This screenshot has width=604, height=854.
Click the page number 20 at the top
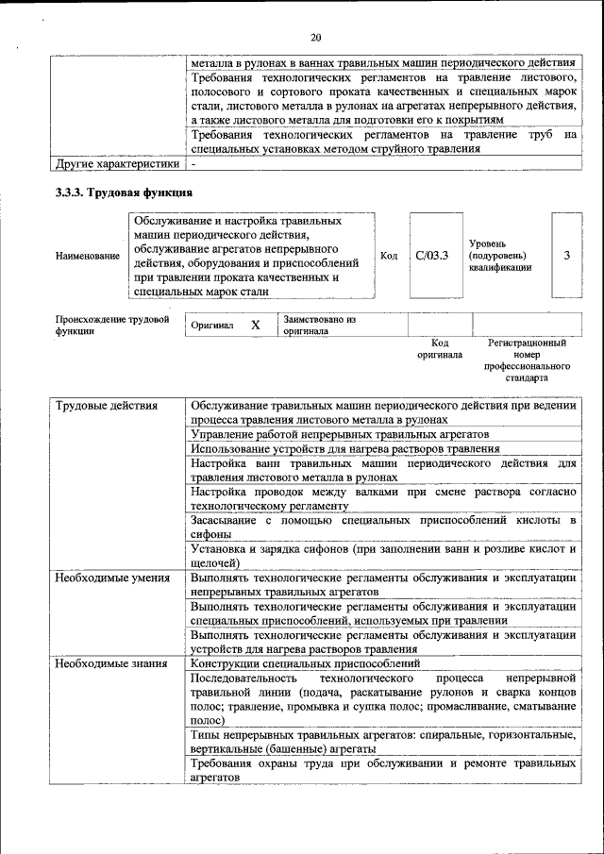tap(315, 38)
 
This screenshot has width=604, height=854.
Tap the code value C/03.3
tap(431, 255)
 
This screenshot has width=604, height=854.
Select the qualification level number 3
tap(566, 255)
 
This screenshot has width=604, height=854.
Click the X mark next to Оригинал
tap(255, 325)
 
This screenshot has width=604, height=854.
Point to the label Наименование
tap(88, 256)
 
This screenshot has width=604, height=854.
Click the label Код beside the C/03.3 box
tap(389, 256)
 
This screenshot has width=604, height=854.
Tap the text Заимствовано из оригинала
tap(319, 326)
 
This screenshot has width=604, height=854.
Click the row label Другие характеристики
tap(116, 163)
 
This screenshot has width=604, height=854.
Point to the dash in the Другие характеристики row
tap(193, 163)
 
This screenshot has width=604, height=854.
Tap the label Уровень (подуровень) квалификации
tap(499, 256)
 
